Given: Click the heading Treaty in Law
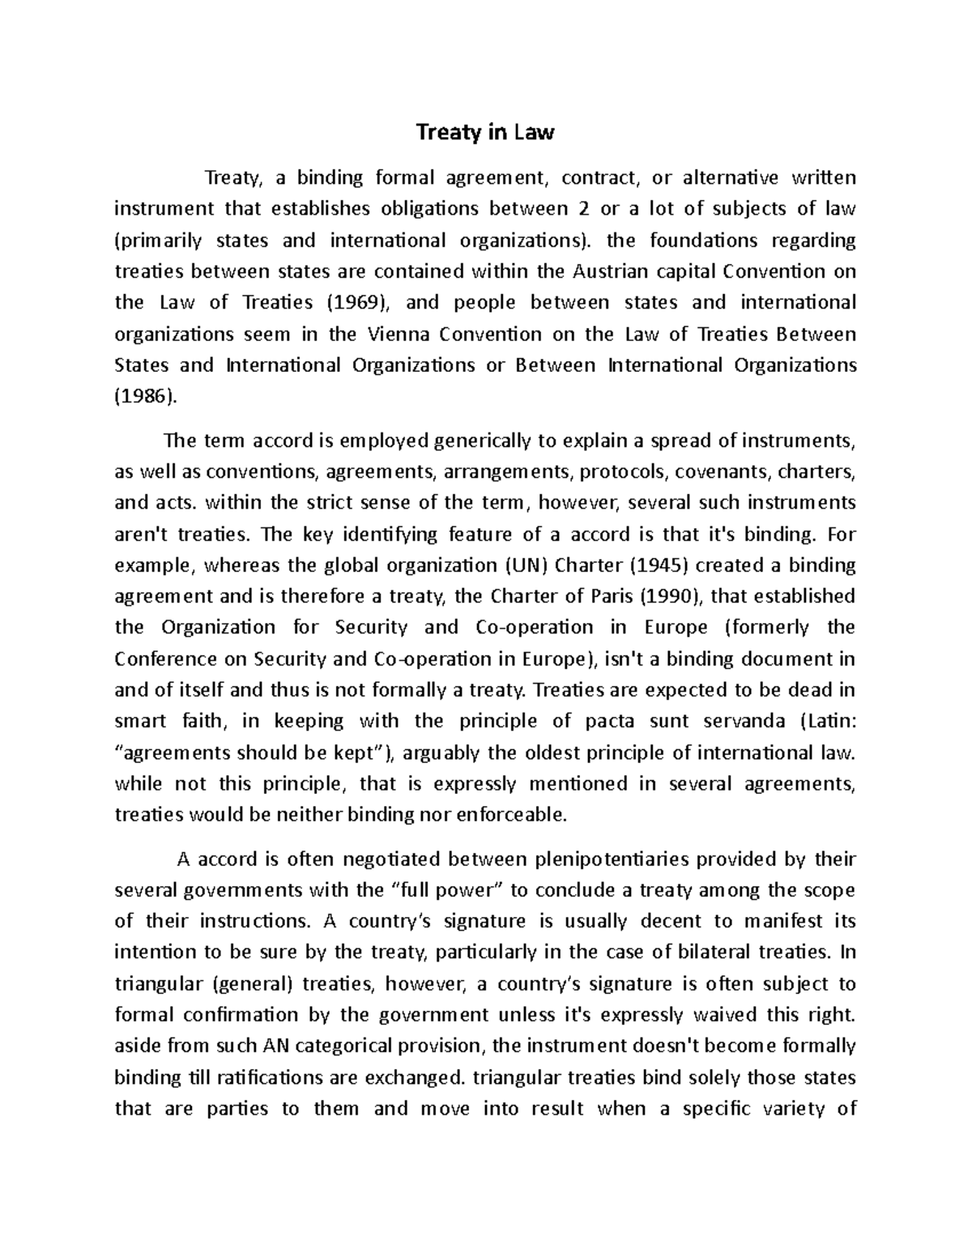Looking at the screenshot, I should tap(484, 133).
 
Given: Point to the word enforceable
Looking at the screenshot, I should tap(509, 815).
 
